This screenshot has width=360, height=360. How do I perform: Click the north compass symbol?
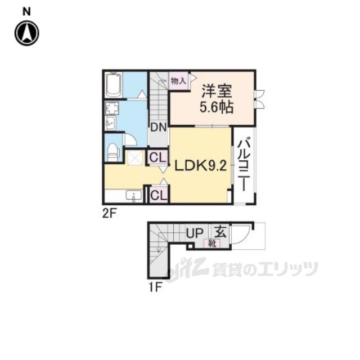point(26,33)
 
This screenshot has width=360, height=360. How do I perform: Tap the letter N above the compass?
point(26,11)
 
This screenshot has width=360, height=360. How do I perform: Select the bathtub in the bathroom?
point(114,85)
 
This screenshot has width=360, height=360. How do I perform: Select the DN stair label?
point(157,127)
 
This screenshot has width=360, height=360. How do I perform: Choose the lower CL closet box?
point(158,195)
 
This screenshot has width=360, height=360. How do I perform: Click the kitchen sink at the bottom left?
point(134,196)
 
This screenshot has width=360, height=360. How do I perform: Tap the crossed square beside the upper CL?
point(136,157)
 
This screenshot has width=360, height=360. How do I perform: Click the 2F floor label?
point(109,213)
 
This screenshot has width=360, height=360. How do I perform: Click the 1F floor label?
point(155,287)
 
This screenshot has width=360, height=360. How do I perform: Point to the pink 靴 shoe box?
point(213,244)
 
